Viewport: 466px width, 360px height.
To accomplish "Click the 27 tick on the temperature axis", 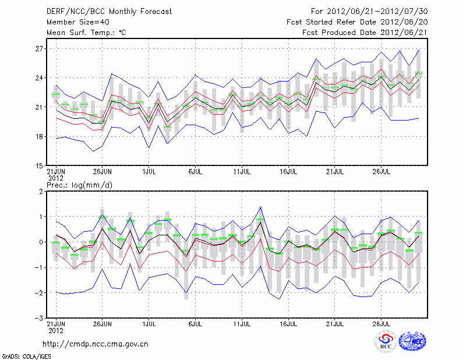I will [40, 49].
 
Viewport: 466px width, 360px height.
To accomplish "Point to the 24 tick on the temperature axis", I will [40, 78].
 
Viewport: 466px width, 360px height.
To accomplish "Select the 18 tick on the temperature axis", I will [40, 137].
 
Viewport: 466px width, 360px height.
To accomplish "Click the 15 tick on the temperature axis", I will [40, 166].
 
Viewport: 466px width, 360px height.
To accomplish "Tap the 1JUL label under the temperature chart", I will [149, 171].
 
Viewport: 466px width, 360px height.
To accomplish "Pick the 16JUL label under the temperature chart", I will [288, 171].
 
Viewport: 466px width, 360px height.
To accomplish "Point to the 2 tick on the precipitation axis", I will [41, 192].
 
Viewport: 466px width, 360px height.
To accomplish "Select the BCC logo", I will [386, 342].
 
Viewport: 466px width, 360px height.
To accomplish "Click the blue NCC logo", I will [412, 342].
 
